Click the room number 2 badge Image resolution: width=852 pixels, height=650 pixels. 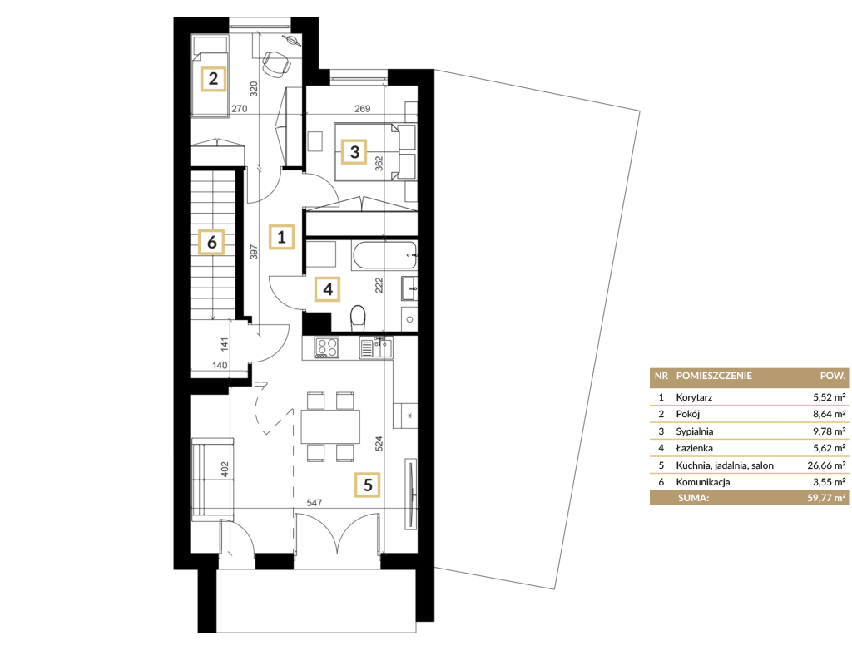tap(213, 79)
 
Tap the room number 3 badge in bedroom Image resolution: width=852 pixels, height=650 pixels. tap(354, 151)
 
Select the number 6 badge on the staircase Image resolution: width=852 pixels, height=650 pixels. tap(212, 242)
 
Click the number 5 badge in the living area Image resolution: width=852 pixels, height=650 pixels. tap(367, 485)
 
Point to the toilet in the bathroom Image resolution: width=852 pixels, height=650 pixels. tap(358, 318)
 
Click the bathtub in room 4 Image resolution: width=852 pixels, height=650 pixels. tap(384, 254)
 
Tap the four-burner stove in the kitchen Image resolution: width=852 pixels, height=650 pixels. tap(326, 347)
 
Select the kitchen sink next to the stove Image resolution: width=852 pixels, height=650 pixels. tap(375, 347)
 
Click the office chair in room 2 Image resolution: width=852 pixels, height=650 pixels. tap(275, 63)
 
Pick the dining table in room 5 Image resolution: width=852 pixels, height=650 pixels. tap(330, 426)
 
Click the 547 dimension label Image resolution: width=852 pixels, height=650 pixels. tap(314, 503)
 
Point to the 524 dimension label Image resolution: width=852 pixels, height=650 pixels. tap(379, 444)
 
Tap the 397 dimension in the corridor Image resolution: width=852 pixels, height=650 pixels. tap(254, 251)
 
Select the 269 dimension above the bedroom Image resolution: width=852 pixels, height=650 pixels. tap(363, 109)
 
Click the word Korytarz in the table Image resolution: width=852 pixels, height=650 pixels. tap(694, 397)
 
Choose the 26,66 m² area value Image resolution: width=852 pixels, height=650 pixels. tap(826, 465)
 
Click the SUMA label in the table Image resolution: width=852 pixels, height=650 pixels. tap(693, 497)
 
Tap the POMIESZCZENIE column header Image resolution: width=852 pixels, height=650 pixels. tap(714, 376)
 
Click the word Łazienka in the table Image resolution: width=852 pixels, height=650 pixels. tap(695, 448)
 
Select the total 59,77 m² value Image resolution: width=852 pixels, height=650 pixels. tap(826, 497)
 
